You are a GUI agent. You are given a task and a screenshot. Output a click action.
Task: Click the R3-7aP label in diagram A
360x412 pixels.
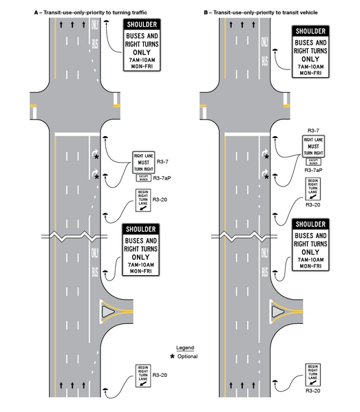point(164,177)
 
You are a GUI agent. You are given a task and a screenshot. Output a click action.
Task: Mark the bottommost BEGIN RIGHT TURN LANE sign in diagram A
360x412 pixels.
point(143,376)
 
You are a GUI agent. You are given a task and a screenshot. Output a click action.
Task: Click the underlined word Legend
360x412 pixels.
point(186,347)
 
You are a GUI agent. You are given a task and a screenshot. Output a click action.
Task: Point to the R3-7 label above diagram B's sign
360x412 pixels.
point(313,130)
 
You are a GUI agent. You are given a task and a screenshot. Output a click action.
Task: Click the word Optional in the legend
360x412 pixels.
point(187,356)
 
